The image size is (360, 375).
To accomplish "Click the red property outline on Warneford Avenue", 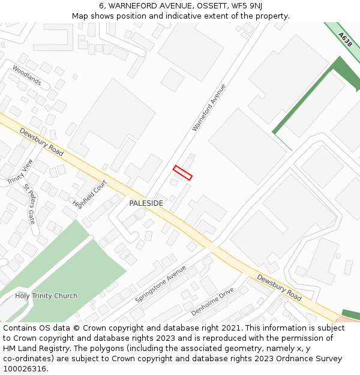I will [182, 173].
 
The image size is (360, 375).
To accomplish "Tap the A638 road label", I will [344, 40].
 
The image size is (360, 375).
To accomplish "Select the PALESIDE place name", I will [146, 203].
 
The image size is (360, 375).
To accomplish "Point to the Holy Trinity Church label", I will [46, 296].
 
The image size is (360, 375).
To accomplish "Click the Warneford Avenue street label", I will [209, 107].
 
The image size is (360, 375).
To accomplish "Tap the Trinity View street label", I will [20, 172].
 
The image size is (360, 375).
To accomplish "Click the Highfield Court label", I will [89, 194].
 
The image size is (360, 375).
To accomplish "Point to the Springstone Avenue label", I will [161, 284].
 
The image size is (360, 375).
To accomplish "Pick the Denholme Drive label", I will [212, 302].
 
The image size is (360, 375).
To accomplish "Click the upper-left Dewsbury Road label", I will [41, 142].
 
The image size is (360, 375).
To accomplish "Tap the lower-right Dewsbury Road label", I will [279, 287].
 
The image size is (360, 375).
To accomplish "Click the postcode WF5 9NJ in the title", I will [248, 6].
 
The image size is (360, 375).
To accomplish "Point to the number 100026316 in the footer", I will [26, 368].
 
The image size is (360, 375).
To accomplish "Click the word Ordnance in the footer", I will [289, 358].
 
